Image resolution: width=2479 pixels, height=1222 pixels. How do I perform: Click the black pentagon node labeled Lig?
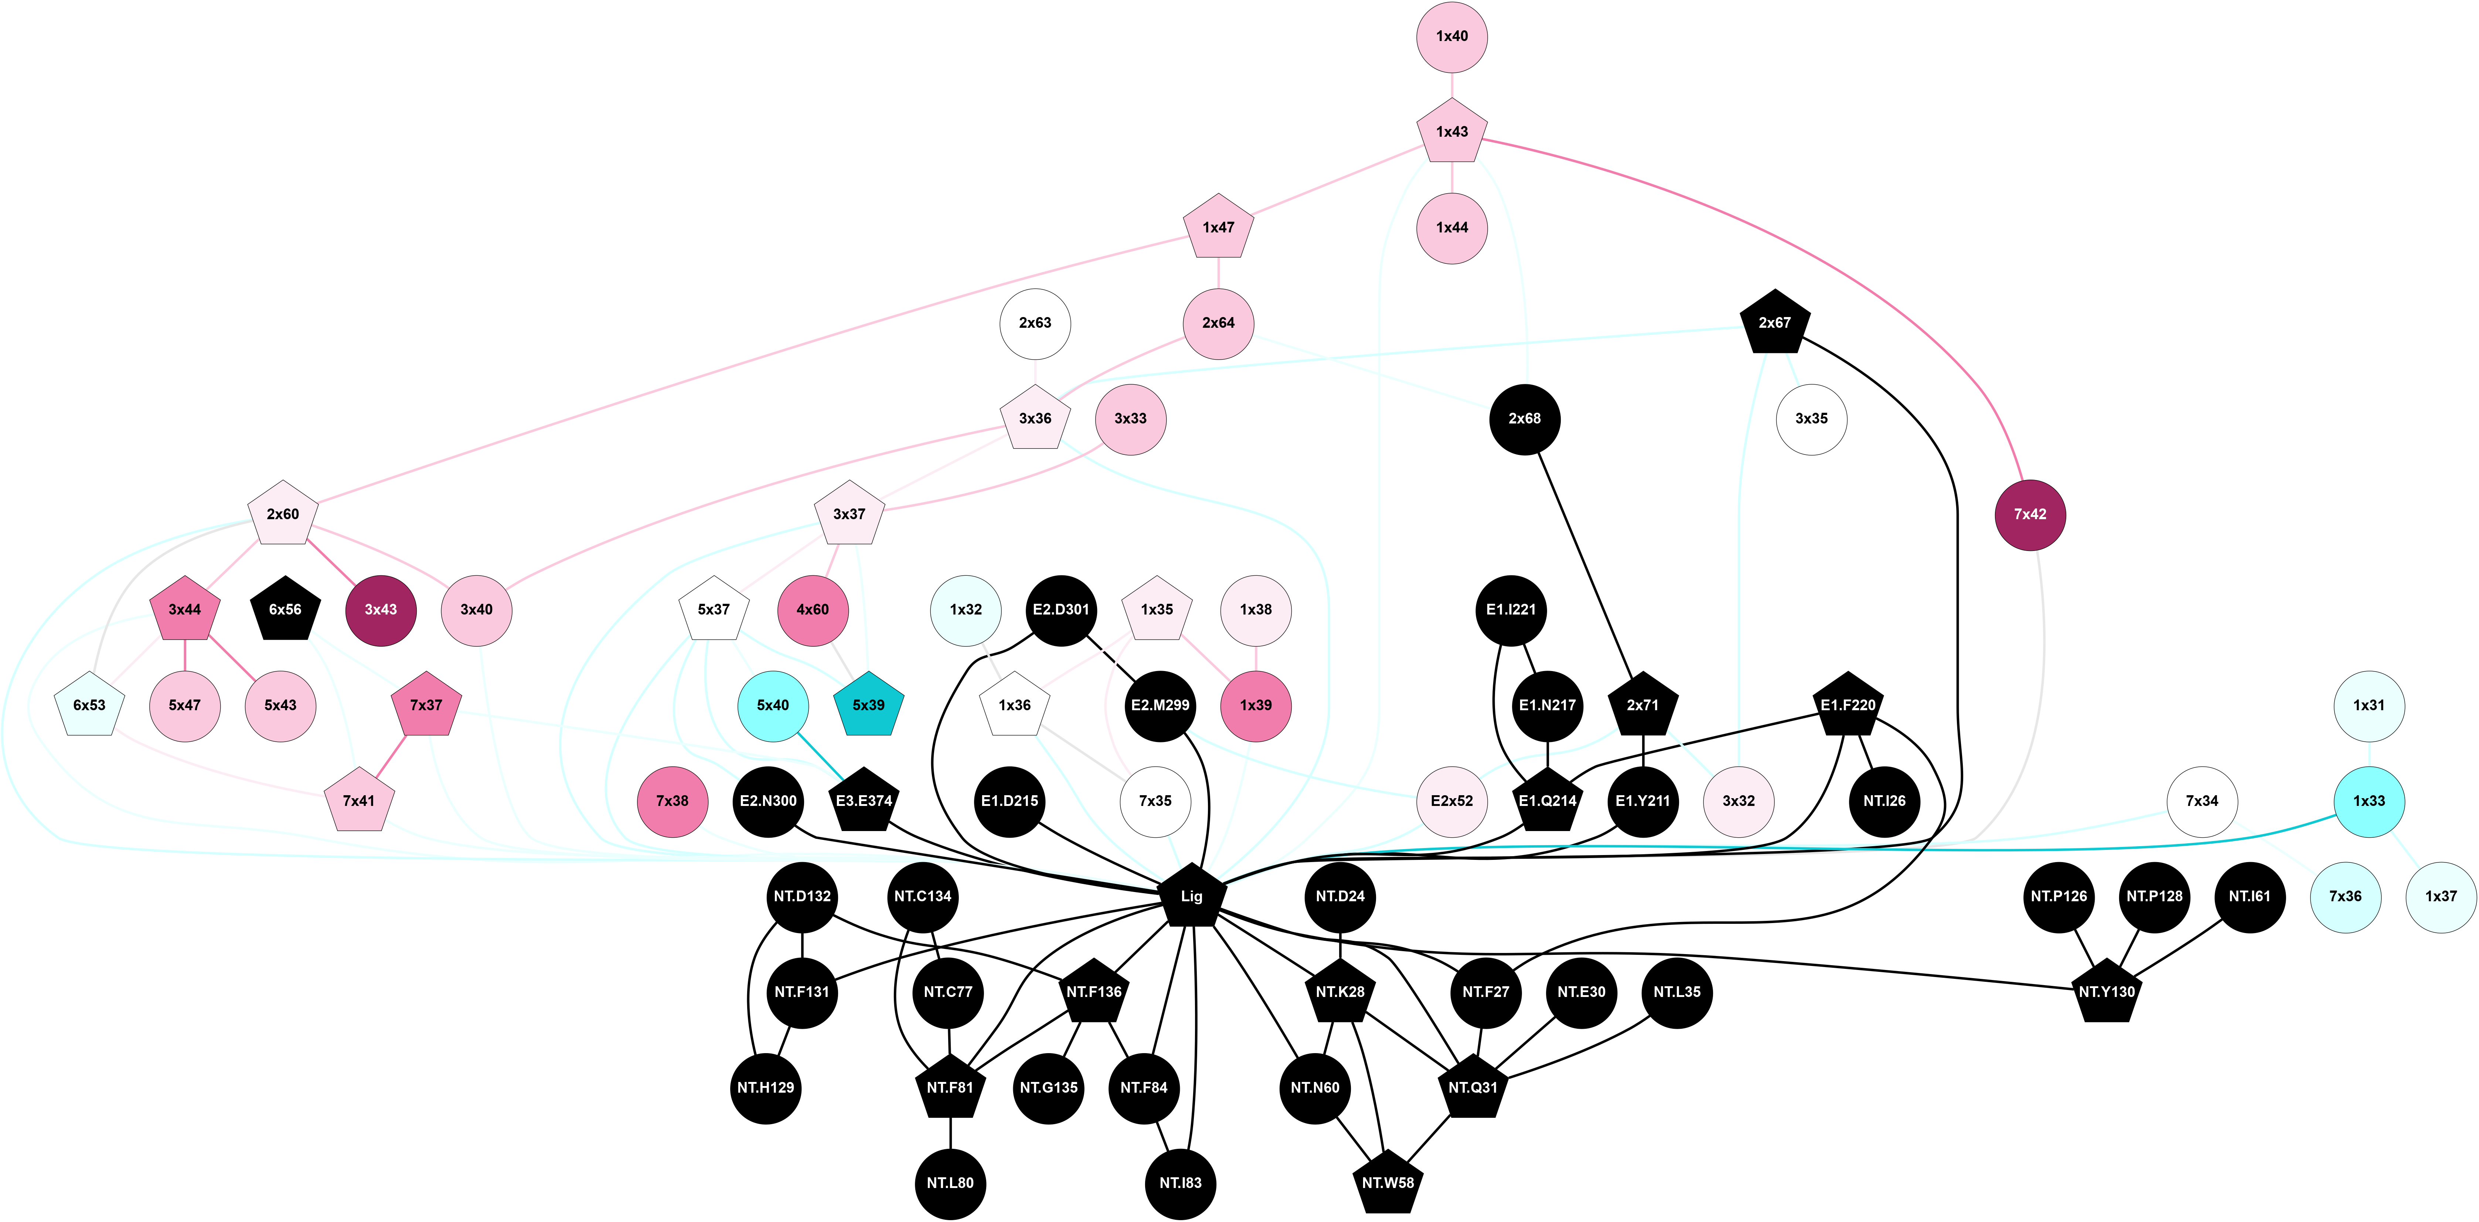[1191, 897]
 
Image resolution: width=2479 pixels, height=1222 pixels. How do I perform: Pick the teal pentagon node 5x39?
[868, 705]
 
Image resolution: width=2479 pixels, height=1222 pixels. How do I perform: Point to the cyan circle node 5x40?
[773, 705]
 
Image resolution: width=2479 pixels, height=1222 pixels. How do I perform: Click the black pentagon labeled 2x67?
[1775, 323]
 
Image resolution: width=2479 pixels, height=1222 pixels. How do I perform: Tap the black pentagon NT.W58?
[1388, 1182]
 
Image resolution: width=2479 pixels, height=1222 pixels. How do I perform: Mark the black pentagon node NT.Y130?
[2107, 992]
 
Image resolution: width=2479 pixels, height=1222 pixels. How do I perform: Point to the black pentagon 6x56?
[285, 610]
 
